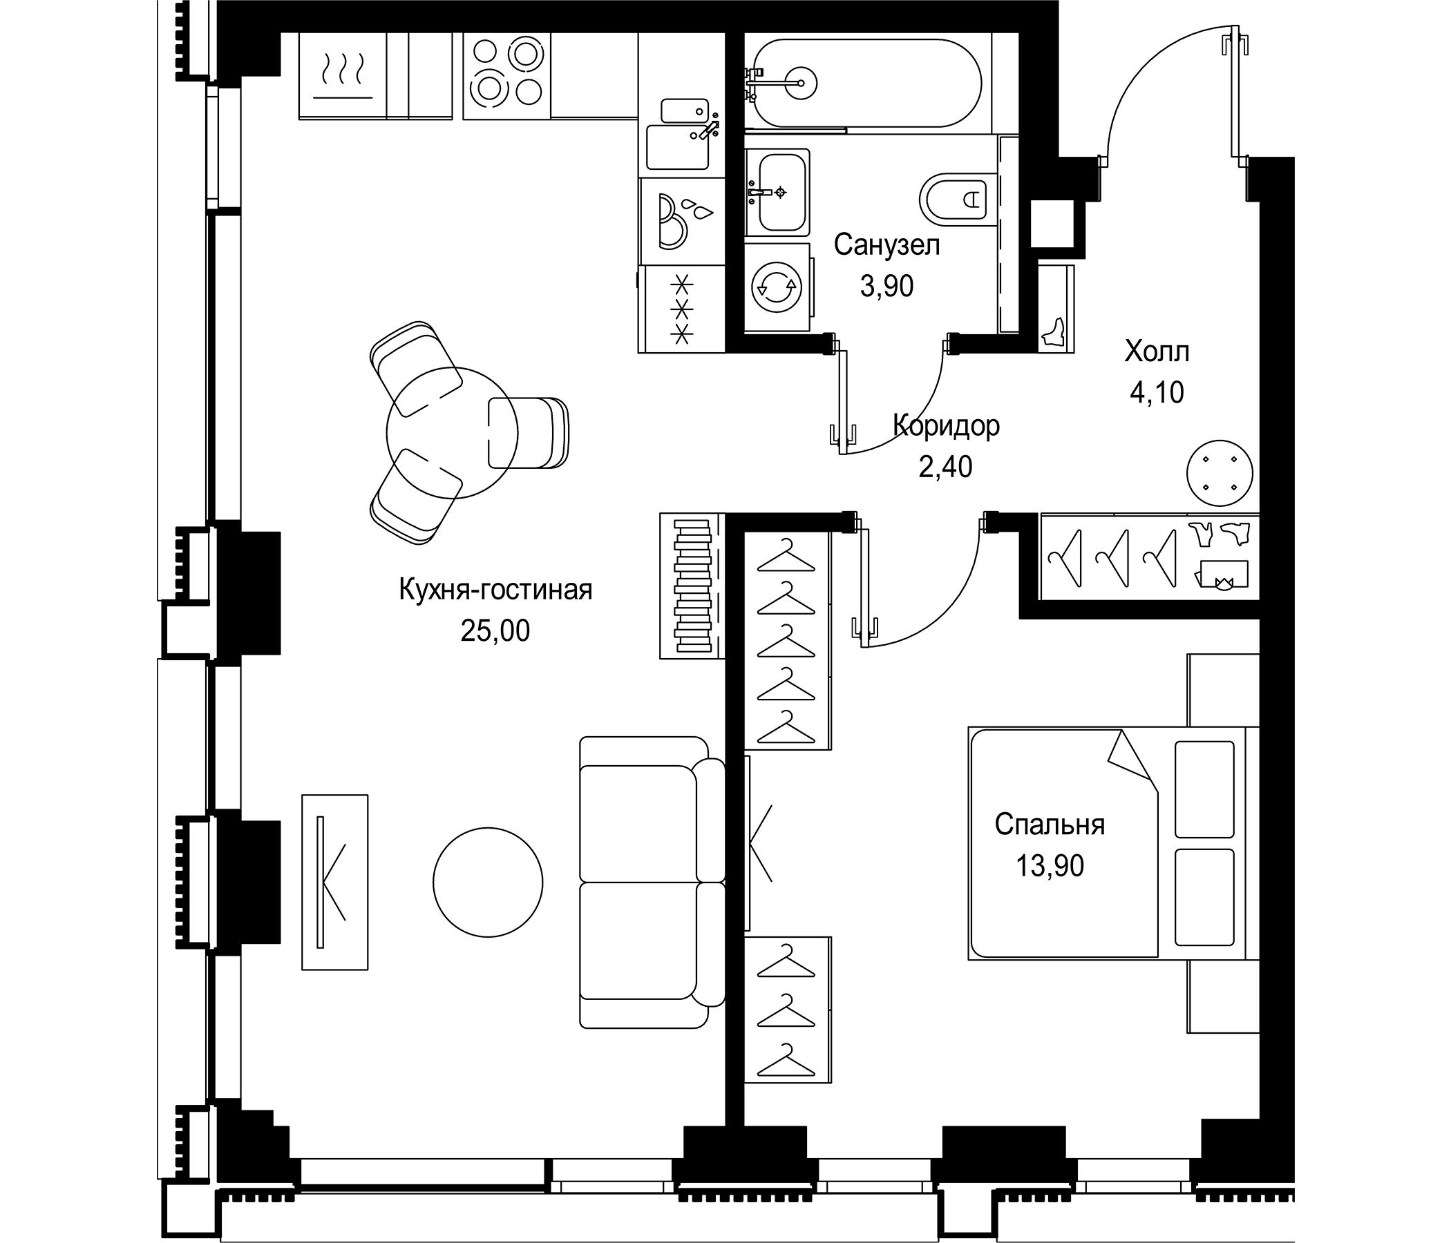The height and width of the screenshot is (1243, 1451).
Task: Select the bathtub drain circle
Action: click(800, 83)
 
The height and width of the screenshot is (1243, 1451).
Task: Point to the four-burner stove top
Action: click(506, 75)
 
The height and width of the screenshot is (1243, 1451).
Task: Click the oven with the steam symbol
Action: click(343, 75)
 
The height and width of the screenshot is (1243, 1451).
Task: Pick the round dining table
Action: click(452, 432)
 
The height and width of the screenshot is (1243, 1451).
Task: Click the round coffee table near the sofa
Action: click(487, 880)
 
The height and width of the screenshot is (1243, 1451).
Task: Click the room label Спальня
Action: click(1050, 825)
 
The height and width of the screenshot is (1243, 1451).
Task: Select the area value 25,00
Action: click(495, 631)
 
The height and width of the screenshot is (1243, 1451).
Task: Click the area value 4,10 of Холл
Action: click(1157, 393)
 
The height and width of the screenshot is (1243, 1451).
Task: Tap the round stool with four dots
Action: click(1220, 473)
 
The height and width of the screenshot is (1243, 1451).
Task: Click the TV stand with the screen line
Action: click(334, 882)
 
